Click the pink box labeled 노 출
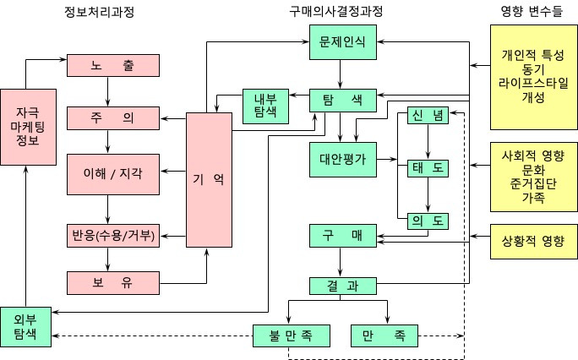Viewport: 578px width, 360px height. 113,65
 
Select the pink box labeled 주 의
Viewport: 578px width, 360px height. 113,118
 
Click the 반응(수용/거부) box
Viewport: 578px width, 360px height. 113,234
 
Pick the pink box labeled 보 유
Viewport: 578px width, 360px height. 113,281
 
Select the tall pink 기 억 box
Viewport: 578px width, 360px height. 208,179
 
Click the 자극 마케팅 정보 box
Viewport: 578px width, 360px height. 27,126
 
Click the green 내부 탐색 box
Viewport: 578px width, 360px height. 265,106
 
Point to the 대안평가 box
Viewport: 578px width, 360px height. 342,157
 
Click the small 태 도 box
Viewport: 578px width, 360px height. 428,167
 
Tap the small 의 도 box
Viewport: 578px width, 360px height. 428,221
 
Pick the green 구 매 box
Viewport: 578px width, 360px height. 342,235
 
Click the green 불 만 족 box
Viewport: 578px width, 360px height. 289,336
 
